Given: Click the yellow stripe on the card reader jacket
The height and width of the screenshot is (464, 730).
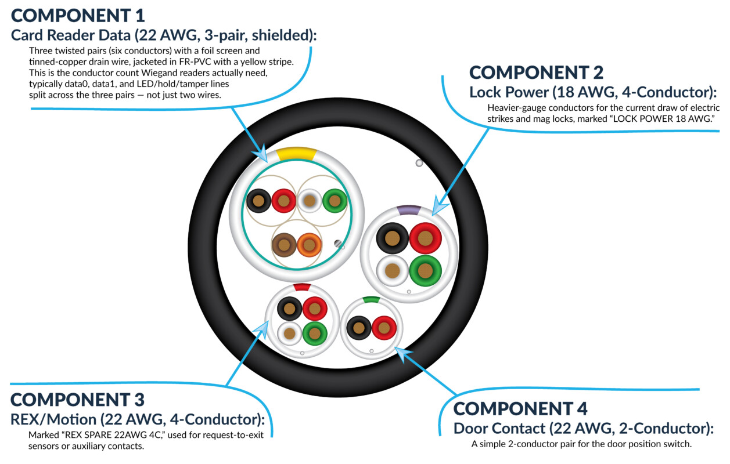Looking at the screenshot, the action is click(x=296, y=154).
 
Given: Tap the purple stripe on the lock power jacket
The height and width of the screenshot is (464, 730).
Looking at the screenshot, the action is click(x=409, y=210).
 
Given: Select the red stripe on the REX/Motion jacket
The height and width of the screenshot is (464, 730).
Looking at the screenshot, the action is click(x=302, y=287).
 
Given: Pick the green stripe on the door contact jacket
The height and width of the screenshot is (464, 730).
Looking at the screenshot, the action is click(x=371, y=300).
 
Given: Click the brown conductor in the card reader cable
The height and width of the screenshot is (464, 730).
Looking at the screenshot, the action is click(x=284, y=245).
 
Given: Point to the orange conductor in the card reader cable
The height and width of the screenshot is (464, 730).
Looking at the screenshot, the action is click(x=310, y=245).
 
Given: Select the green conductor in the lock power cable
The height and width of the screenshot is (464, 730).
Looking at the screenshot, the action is click(x=425, y=271).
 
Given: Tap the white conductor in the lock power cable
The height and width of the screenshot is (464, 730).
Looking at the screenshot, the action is click(x=393, y=271).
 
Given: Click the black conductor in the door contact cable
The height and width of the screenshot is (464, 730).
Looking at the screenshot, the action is click(x=359, y=328).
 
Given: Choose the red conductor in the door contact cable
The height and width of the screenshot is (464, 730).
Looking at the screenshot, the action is click(x=384, y=328).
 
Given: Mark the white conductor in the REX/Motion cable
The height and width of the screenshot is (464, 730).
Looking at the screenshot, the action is click(x=289, y=333).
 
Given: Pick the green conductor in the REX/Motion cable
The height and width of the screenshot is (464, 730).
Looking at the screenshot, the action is click(x=315, y=333).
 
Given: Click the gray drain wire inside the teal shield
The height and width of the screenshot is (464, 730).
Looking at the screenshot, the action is click(x=338, y=243).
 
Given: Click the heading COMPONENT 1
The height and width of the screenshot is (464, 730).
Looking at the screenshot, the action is click(x=78, y=16).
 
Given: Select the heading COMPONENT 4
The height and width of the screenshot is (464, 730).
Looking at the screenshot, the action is click(x=520, y=409).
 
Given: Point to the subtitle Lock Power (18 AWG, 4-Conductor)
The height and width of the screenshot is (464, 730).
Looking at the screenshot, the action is click(x=593, y=92).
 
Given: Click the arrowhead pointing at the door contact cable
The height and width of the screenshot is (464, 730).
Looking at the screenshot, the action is click(x=403, y=354).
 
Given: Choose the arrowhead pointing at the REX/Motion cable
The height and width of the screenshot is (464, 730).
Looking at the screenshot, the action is click(x=262, y=329).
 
